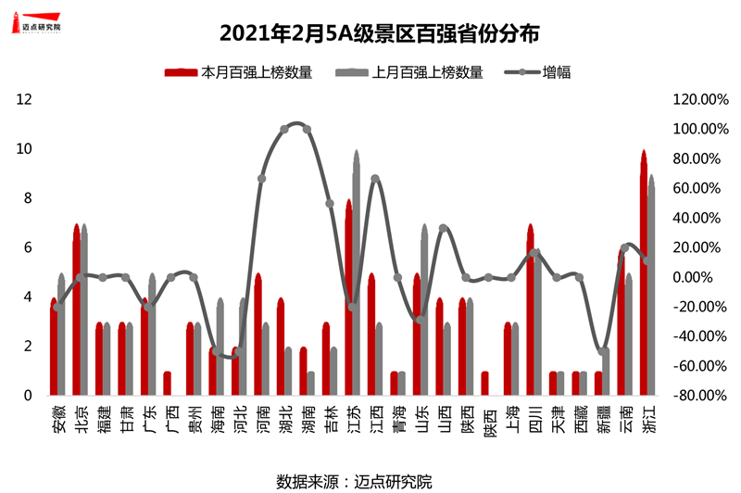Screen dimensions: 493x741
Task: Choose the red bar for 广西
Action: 168,384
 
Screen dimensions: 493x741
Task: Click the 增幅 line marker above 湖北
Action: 284,130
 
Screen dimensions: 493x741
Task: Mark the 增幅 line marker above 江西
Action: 375,179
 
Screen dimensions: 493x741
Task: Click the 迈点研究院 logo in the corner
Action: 42,22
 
